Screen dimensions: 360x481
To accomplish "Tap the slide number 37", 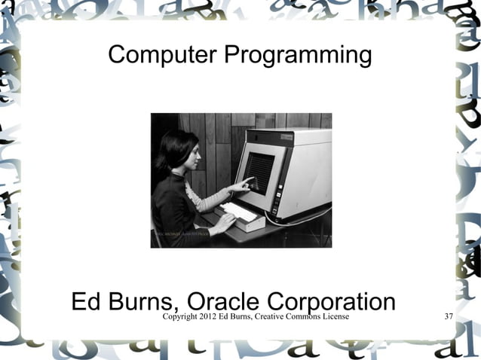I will click(449, 316).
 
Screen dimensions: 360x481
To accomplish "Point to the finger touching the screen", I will click(250, 178).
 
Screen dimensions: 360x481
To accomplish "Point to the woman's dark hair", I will click(167, 151).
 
